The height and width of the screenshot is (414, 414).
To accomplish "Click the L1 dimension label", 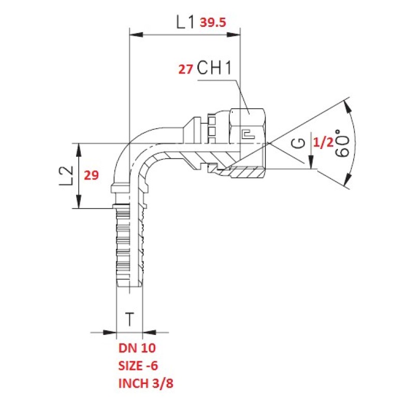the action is point(185,22).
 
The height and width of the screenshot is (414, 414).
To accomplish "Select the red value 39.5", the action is point(213,22).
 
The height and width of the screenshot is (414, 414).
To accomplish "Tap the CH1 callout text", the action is point(214,68).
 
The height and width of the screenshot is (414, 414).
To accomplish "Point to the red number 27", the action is point(185,69).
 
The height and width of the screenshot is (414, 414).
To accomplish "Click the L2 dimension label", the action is point(66,176).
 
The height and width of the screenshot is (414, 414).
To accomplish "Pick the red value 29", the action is point(92,175).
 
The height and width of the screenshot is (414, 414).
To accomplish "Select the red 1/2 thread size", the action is point(323,143).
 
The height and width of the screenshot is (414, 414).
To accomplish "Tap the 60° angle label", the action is point(343,143).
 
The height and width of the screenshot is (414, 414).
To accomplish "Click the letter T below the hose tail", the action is point(129,319).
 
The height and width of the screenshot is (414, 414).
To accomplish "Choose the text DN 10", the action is point(137,348).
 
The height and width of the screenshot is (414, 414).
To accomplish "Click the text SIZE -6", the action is point(138,366).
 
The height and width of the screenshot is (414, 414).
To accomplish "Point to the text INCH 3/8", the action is point(146,383).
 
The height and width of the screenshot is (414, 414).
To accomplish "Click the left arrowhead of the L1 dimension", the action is point(136,35).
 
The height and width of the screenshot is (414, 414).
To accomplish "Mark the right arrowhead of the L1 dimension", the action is point(234,35).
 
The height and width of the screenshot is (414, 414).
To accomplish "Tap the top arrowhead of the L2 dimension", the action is point(79,150).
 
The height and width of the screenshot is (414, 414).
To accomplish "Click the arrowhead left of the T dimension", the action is point(110,332).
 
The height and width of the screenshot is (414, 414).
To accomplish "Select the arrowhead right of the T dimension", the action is point(149,332).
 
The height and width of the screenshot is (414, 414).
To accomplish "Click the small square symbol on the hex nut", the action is point(248,135).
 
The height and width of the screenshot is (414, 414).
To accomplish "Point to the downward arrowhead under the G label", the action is point(311,162).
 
